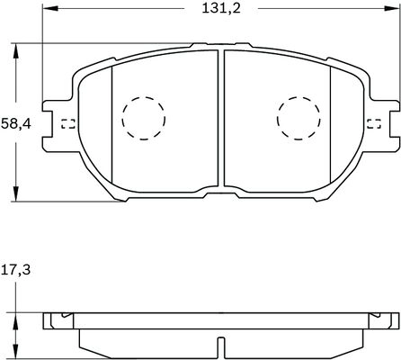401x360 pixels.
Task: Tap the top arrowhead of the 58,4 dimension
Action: click(x=15, y=48)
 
